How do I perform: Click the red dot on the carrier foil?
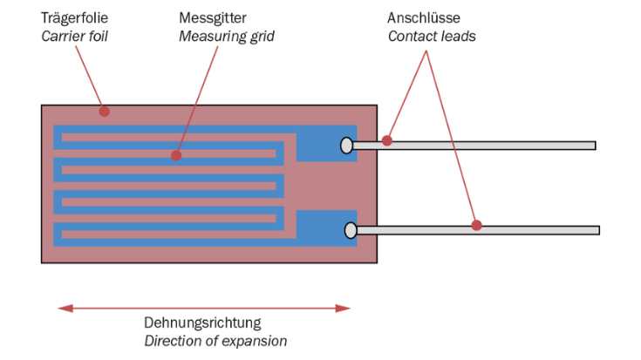point(104,111)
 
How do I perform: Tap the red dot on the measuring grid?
point(176,155)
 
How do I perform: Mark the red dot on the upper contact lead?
point(387,140)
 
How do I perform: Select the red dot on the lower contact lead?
point(476,225)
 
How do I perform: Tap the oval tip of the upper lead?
point(346,146)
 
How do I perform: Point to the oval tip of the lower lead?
point(351,230)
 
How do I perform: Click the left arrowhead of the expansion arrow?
point(63,308)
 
